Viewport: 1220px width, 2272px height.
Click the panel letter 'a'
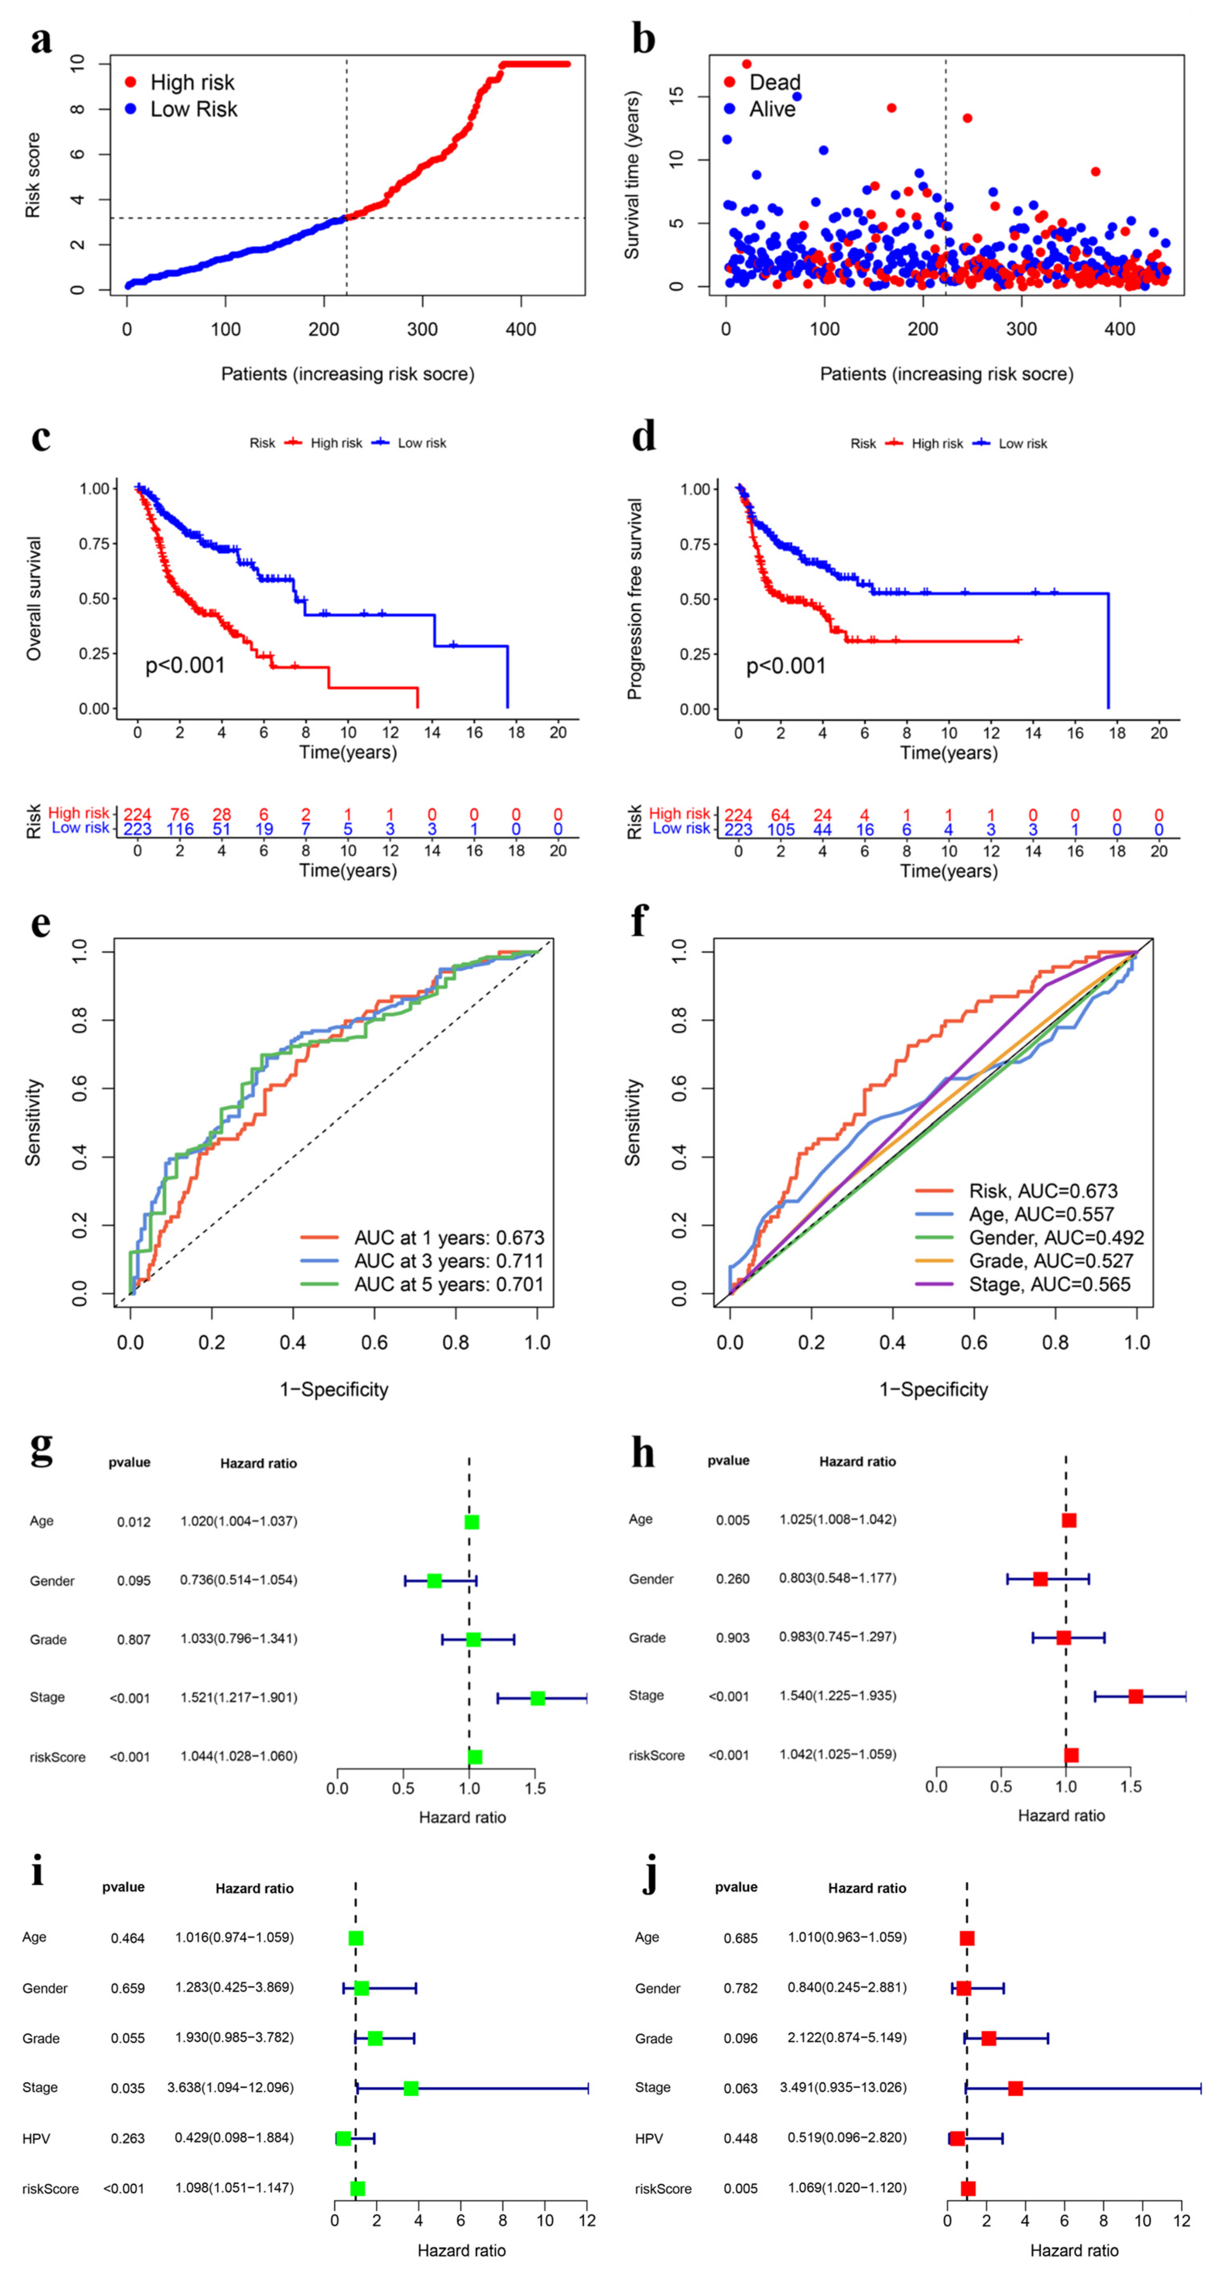click(40, 40)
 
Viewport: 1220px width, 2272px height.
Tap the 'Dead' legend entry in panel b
click(774, 82)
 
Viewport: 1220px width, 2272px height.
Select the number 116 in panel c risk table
click(180, 829)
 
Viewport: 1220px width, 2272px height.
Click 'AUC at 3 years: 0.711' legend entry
click(448, 1261)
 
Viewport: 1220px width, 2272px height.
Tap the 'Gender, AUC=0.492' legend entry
click(1056, 1237)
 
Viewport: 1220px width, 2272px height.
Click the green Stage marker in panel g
click(537, 1698)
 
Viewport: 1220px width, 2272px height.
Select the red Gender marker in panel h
click(1040, 1579)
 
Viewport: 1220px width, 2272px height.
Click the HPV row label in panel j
click(648, 2138)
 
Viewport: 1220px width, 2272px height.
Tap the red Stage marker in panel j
click(1015, 2088)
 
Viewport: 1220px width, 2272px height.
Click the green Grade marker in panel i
click(375, 2038)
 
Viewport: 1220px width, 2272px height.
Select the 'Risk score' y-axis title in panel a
click(33, 175)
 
